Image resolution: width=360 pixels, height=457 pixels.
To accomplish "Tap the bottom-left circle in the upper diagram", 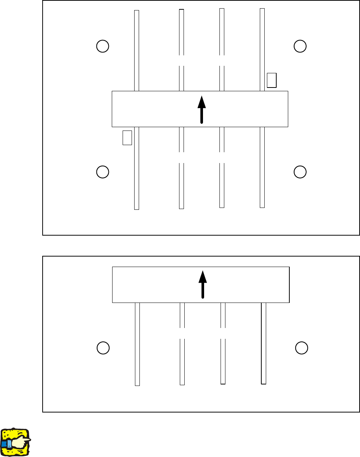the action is coord(102,172).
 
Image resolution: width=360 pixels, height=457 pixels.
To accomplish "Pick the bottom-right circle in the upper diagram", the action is coord(300,172).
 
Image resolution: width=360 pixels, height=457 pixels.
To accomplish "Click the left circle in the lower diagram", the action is coord(103,347).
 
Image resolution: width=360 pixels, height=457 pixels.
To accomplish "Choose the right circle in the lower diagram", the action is coord(301,347).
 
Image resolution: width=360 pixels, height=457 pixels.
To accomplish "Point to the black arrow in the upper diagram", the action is coord(201,109).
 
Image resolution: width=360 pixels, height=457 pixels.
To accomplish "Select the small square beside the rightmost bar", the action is coord(272,80).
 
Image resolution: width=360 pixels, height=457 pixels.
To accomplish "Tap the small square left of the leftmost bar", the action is coord(127,137).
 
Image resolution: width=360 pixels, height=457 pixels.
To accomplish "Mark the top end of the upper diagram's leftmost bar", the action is coord(137,11).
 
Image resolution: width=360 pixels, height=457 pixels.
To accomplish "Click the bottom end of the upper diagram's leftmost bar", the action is coord(136,208).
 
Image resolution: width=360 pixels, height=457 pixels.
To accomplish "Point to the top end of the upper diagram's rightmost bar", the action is coord(262,9).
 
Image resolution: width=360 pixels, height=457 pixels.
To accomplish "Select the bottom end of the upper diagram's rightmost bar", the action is coord(262,206).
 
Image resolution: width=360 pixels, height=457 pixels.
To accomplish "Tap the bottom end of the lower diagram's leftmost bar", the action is coord(137,384).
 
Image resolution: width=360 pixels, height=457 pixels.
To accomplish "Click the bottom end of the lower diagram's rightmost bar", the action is coord(264,383).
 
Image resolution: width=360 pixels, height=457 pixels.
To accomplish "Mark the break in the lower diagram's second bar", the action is coord(182,333).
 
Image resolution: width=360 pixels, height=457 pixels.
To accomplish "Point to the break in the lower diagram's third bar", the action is coord(223,333).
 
